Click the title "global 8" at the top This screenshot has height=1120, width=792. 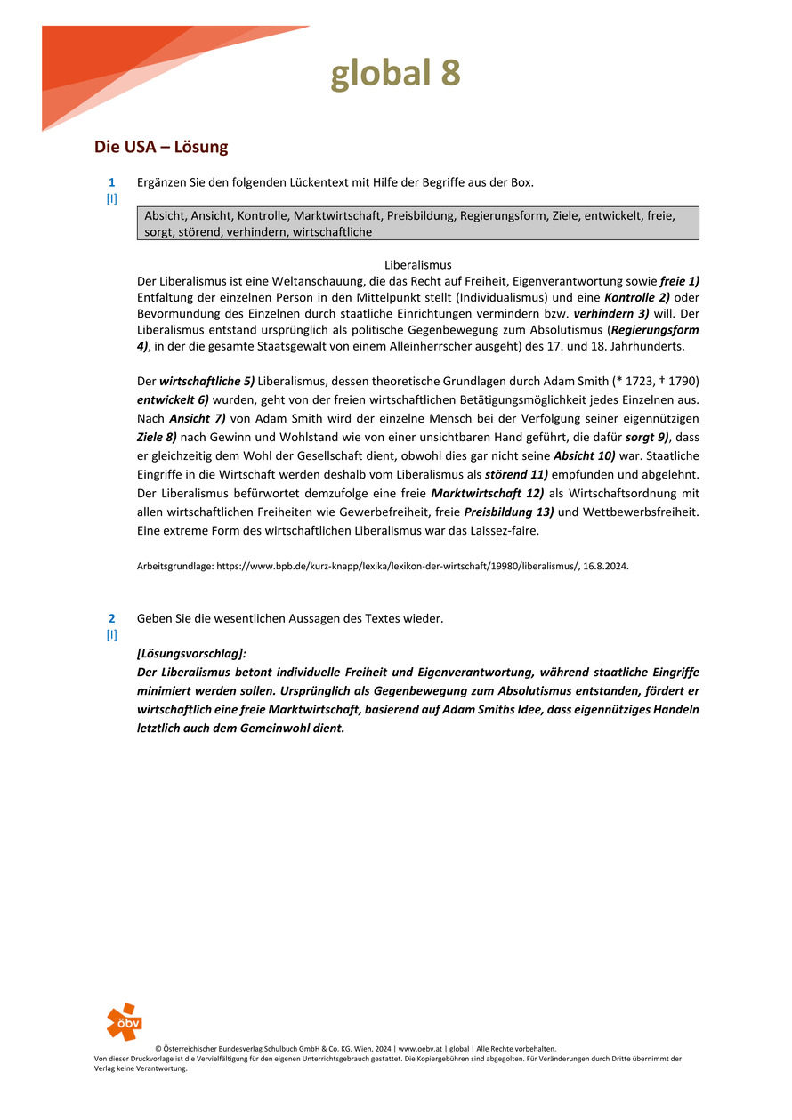tap(395, 74)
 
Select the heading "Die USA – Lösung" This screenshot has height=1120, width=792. tap(161, 147)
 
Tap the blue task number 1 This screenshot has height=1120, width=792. tap(112, 182)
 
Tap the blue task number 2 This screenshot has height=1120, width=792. tap(112, 617)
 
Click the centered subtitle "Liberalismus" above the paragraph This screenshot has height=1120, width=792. tap(417, 265)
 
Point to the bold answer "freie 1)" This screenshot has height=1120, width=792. tap(679, 280)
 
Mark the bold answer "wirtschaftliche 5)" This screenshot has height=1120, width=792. tap(207, 380)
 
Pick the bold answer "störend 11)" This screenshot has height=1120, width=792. tap(516, 474)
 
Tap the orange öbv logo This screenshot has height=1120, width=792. tap(124, 1021)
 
